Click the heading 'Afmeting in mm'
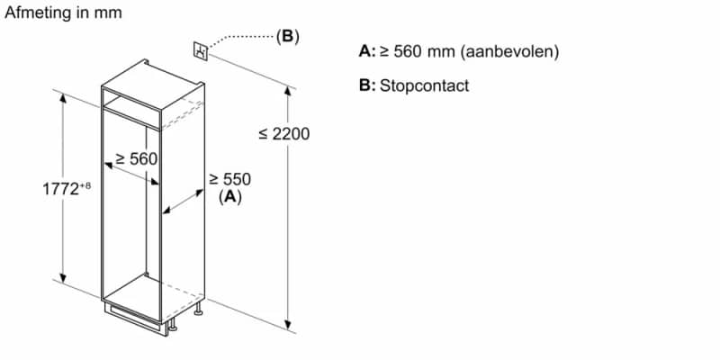(x=63, y=13)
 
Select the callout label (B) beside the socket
(x=287, y=37)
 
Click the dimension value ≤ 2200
(x=283, y=134)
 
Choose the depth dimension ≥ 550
(x=229, y=179)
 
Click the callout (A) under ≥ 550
(x=230, y=196)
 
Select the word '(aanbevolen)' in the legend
(x=509, y=51)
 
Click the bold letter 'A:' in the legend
(x=366, y=51)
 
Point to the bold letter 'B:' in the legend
(x=366, y=85)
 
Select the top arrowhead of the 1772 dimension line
(x=63, y=96)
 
